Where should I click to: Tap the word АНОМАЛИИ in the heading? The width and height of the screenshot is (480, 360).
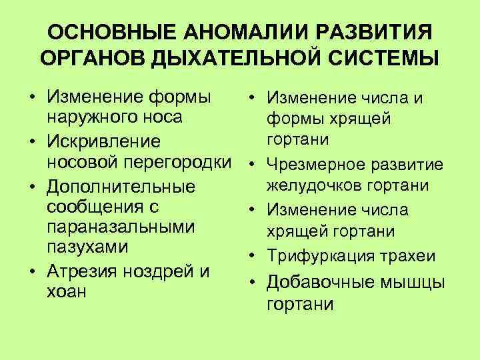point(227,33)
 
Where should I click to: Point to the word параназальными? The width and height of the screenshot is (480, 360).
point(120,227)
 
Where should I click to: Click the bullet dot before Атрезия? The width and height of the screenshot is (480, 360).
point(31,271)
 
